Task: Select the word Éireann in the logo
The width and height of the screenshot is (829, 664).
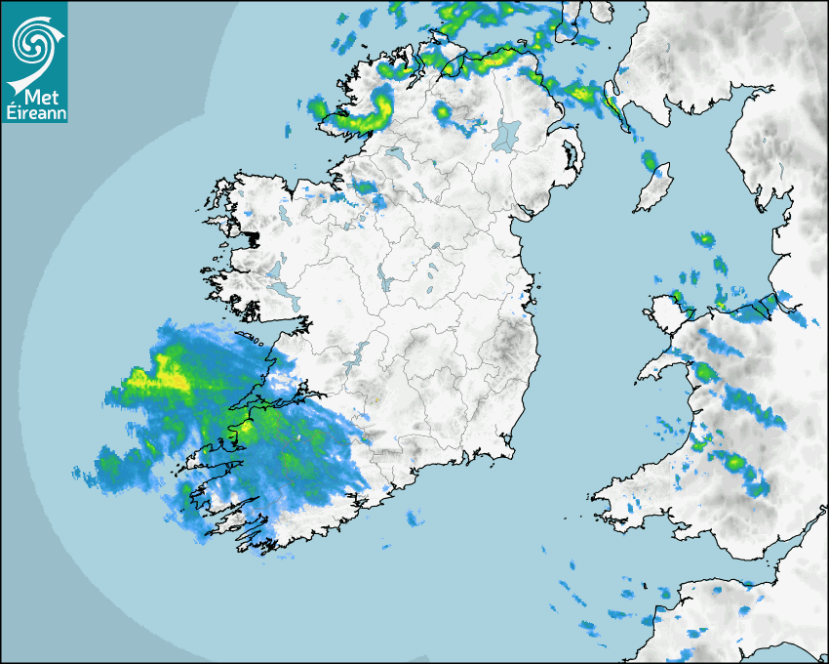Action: (35, 112)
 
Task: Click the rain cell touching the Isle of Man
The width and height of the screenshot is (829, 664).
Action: (650, 160)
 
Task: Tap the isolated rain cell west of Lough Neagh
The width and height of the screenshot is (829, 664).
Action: (443, 112)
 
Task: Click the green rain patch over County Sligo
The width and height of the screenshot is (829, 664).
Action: (366, 187)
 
